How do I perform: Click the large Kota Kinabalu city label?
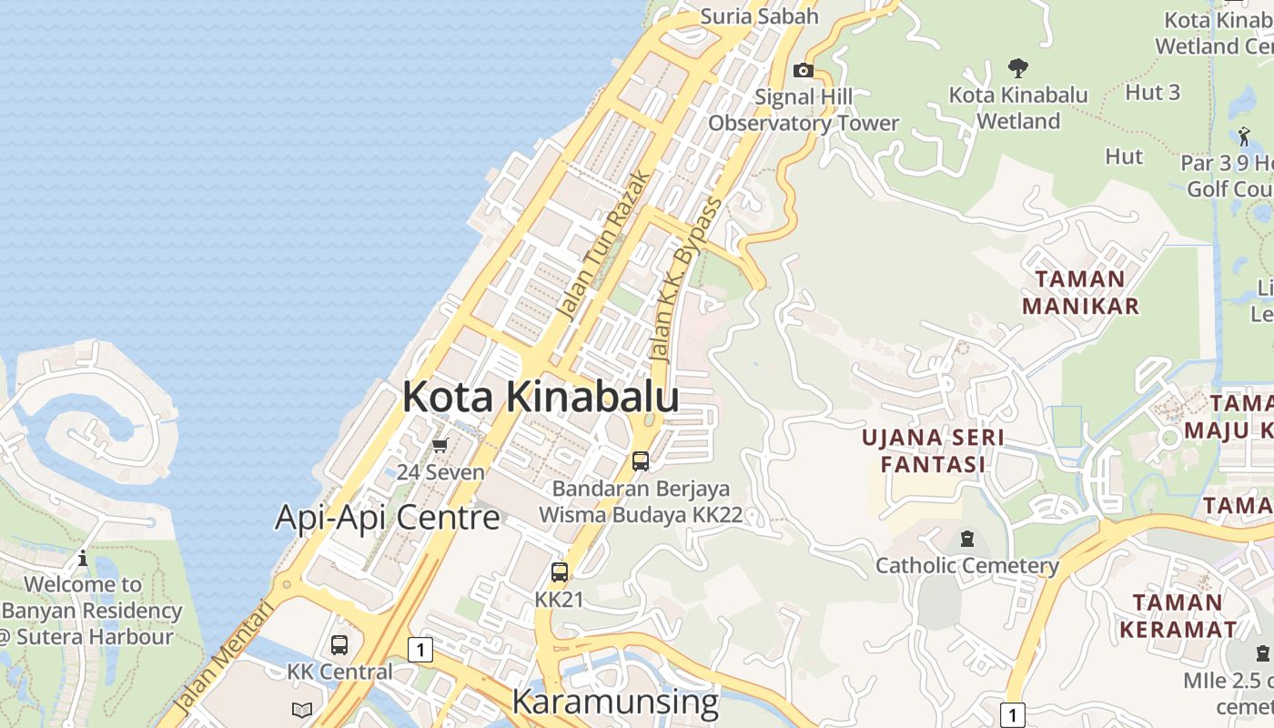(541, 397)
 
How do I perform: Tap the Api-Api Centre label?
(388, 517)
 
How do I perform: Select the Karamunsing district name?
(615, 702)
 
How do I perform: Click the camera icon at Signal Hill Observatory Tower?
(803, 70)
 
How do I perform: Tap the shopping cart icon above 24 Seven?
(440, 445)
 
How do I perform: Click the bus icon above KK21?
(559, 572)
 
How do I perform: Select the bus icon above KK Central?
(339, 645)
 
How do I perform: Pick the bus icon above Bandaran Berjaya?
(641, 461)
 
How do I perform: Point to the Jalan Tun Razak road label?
(603, 246)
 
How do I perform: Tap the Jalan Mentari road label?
(222, 655)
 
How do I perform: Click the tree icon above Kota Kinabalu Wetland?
(1018, 67)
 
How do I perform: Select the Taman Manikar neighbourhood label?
(1080, 292)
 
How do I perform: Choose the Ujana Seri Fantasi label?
(933, 450)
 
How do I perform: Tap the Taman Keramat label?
(1178, 615)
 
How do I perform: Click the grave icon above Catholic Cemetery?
(966, 539)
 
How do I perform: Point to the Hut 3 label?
(1152, 92)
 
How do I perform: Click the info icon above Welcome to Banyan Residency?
(83, 558)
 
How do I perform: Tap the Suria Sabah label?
(759, 16)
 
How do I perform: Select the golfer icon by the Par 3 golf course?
(1244, 136)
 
